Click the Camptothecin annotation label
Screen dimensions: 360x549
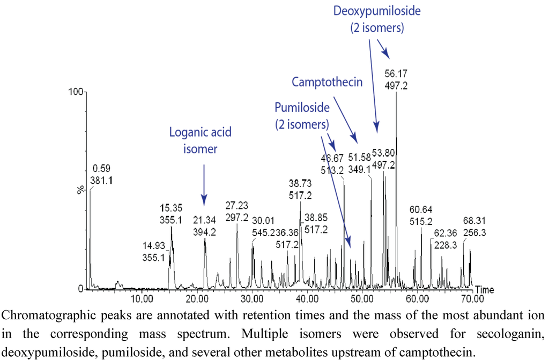point(327,82)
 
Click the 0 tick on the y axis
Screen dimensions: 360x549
point(80,289)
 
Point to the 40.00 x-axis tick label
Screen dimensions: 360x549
point(307,298)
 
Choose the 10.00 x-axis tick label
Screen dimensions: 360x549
point(142,298)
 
